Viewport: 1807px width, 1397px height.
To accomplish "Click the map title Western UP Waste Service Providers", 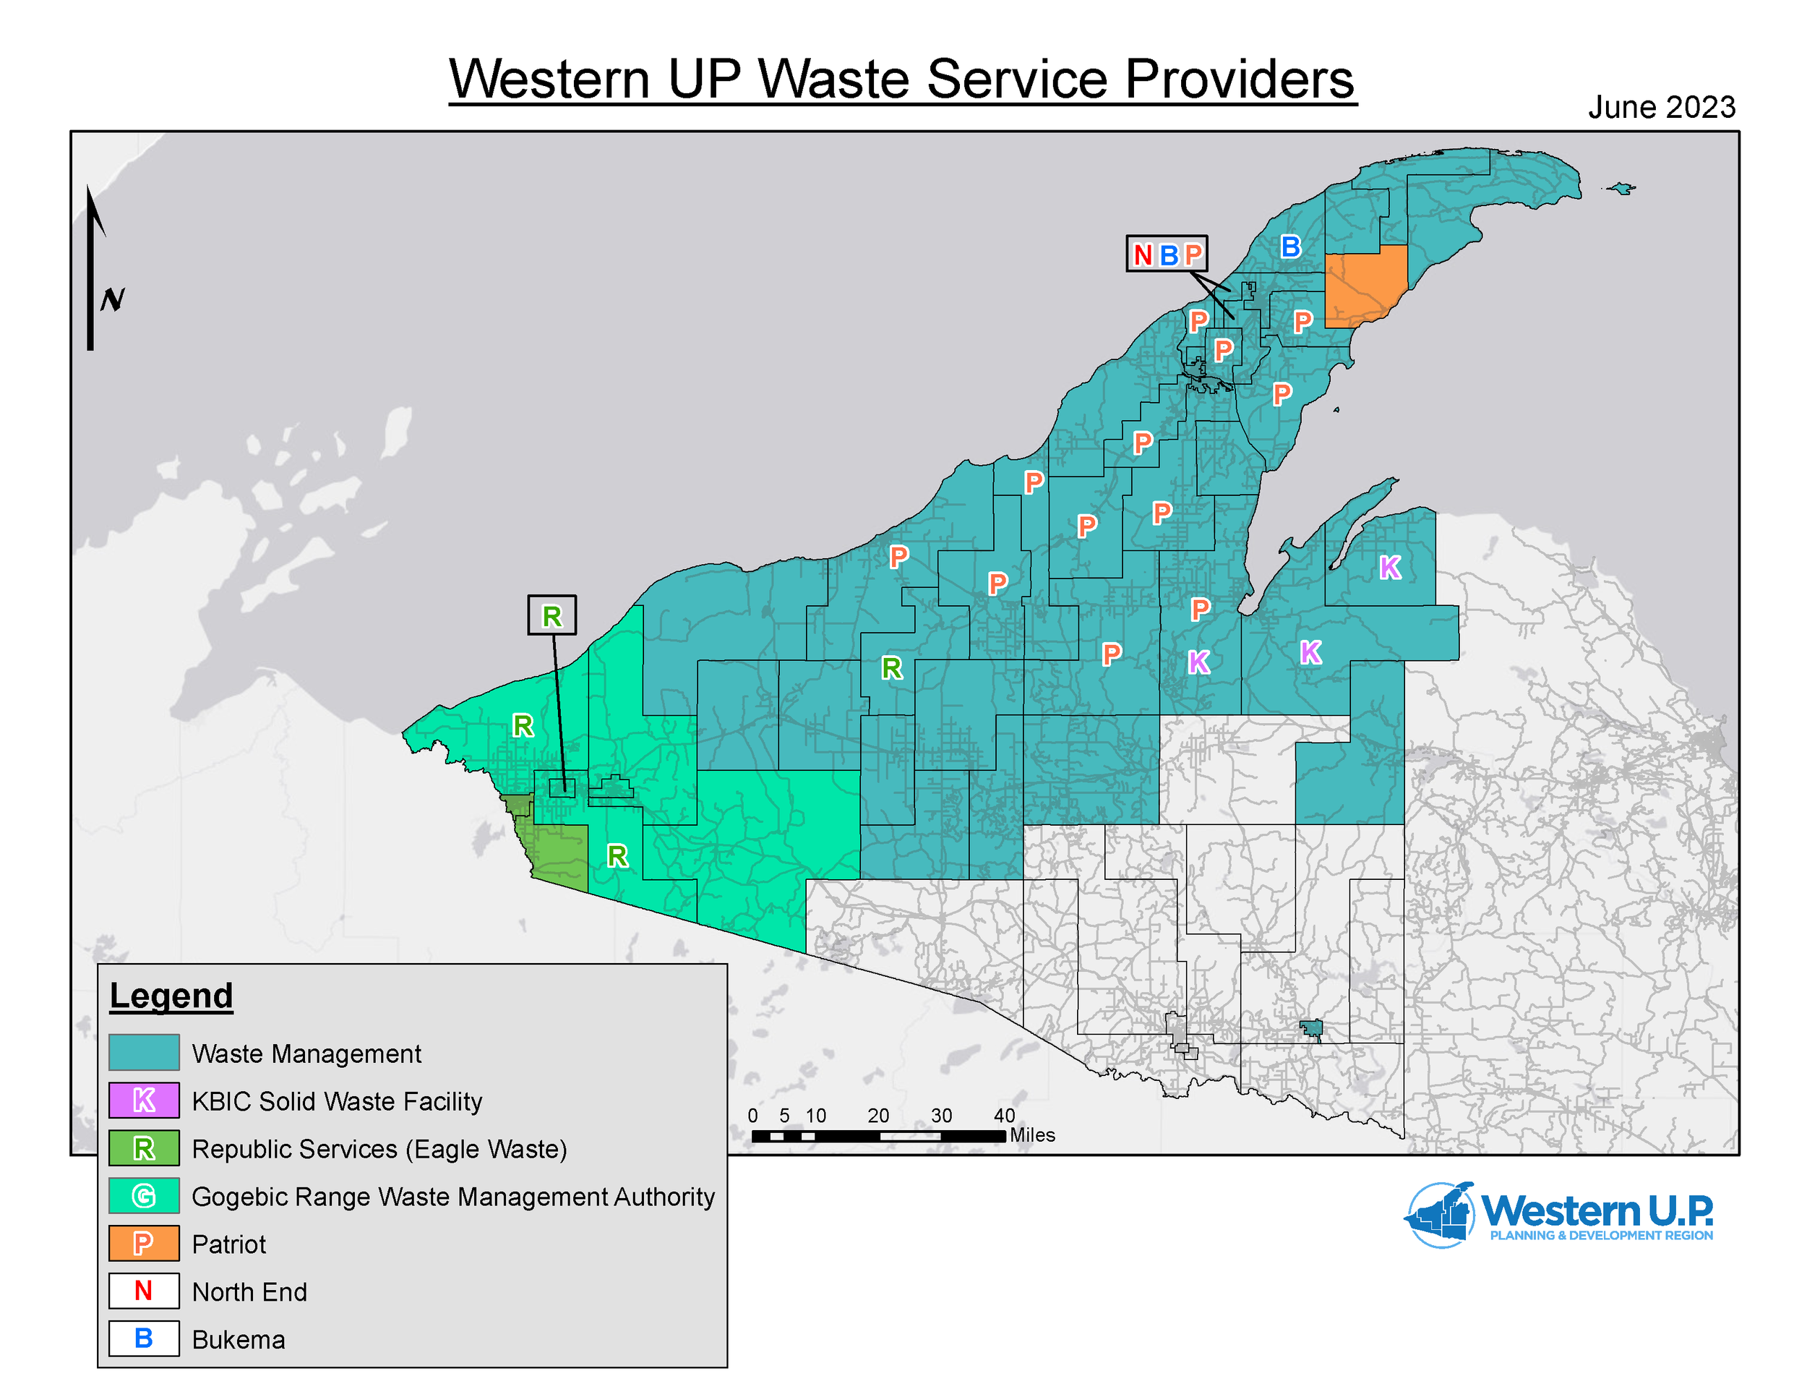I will pos(902,80).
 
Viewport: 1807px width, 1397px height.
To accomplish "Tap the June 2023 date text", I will pos(1660,108).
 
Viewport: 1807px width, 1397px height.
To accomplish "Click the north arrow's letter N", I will pos(113,299).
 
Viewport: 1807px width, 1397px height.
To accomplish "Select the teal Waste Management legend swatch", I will pos(144,1053).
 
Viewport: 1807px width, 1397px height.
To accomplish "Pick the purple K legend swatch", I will pos(144,1101).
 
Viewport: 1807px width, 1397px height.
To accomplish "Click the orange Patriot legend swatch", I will pos(144,1243).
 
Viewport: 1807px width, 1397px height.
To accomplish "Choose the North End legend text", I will pos(249,1292).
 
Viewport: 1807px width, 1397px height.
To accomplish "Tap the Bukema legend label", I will pos(239,1340).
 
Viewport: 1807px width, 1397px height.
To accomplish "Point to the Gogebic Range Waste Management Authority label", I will pos(452,1197).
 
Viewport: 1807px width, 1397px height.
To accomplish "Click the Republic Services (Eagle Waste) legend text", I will pos(379,1149).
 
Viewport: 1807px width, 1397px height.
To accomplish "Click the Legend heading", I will pos(171,996).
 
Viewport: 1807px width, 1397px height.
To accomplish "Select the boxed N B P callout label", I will pos(1167,254).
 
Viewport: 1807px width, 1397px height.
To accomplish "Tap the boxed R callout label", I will pos(552,616).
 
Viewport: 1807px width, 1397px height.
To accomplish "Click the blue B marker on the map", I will pos(1290,247).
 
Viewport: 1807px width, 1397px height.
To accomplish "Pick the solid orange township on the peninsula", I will pos(1365,286).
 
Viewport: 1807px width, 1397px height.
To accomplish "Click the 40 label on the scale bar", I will pos(1004,1116).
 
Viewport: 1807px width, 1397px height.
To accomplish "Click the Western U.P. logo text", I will pos(1596,1213).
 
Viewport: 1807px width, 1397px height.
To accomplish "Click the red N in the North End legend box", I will pos(143,1291).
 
